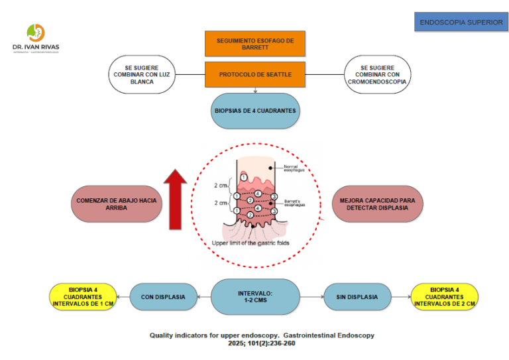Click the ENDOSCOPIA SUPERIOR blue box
point(461,22)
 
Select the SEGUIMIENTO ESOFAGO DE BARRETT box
point(255,44)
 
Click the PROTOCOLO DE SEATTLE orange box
point(255,74)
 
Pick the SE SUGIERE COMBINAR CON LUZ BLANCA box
point(142,74)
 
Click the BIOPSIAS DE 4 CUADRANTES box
point(255,110)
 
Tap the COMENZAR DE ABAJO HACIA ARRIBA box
point(116,203)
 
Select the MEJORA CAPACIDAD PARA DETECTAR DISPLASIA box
point(377,203)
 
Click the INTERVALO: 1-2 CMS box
point(255,296)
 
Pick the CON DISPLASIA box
point(162,296)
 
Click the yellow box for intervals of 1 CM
point(83,296)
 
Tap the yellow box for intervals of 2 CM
point(445,296)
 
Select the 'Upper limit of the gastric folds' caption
point(250,243)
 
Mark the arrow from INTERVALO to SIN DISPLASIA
point(311,296)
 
